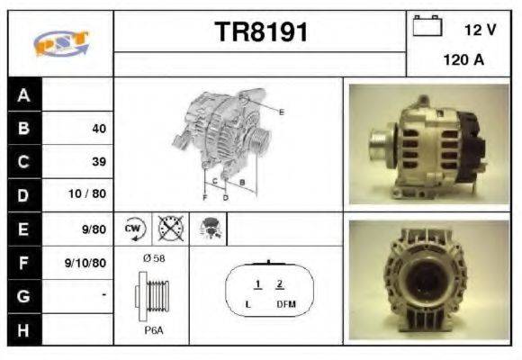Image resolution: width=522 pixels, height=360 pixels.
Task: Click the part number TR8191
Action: tap(261, 33)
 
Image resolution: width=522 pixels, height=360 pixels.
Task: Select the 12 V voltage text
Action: tap(480, 30)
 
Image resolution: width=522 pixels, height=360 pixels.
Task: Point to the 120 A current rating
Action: tap(463, 62)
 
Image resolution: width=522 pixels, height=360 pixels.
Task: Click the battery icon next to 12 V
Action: tap(427, 26)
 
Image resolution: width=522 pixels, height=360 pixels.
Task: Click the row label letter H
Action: tap(23, 330)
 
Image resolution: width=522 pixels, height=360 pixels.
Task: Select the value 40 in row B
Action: tap(98, 129)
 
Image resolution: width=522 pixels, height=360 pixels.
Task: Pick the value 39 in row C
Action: tap(98, 162)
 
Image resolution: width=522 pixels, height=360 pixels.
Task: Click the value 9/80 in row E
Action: tap(92, 229)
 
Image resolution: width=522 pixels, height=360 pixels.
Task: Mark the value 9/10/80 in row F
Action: tap(87, 264)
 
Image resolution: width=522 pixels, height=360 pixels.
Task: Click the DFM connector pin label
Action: tap(285, 304)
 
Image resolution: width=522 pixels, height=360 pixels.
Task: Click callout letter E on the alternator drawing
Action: tap(282, 112)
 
